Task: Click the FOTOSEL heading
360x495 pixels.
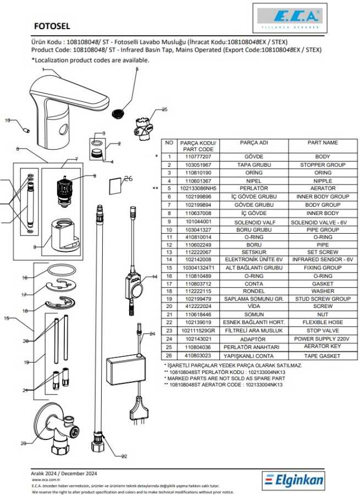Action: click(x=52, y=25)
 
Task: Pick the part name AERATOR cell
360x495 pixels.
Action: click(x=323, y=188)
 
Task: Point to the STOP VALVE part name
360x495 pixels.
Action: click(x=323, y=331)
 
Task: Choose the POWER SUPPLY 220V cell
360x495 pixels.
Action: click(x=323, y=339)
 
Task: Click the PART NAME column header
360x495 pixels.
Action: click(x=323, y=142)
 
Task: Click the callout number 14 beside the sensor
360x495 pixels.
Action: click(x=154, y=277)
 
